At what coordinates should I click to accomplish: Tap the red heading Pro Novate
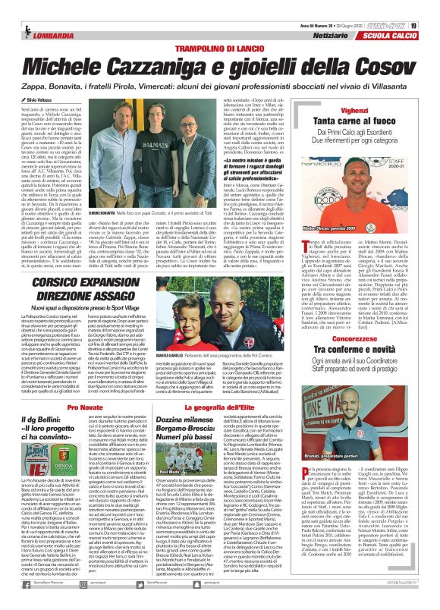coord(79,407)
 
